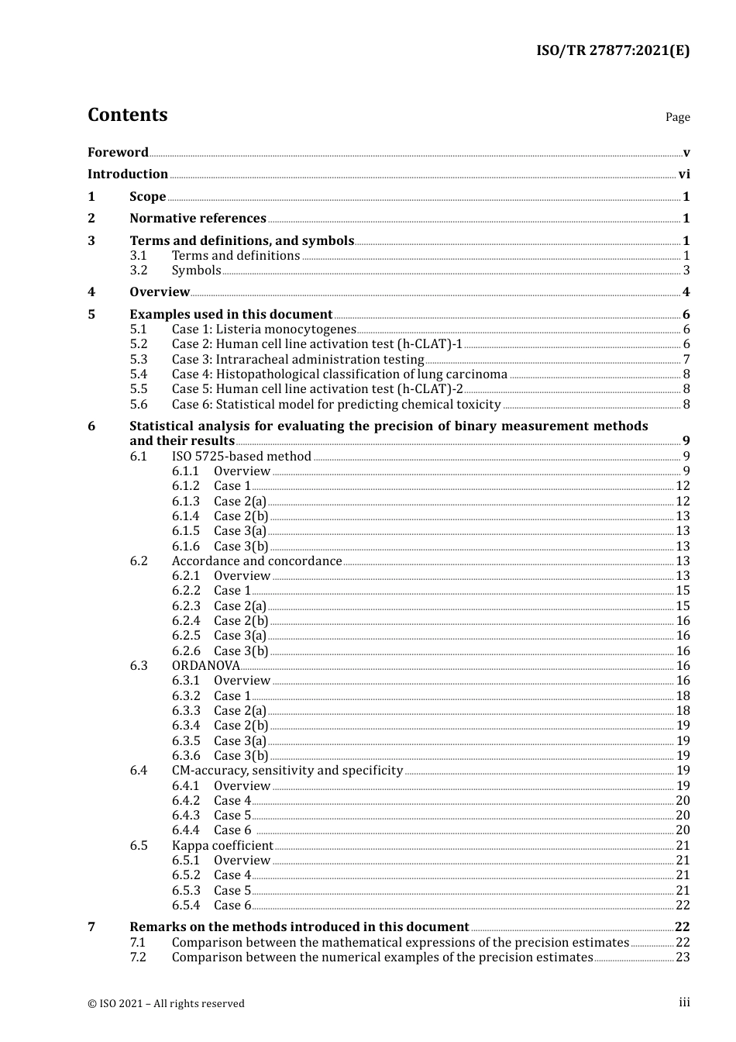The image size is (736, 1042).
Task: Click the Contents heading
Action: (x=127, y=115)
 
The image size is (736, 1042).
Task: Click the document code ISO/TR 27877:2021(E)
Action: (x=612, y=51)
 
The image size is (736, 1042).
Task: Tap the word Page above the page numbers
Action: (x=677, y=117)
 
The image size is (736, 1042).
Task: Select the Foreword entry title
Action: (x=118, y=152)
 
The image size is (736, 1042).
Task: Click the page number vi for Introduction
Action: (x=683, y=174)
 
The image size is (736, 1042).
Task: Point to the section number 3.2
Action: (x=139, y=271)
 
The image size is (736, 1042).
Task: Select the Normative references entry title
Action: (x=198, y=219)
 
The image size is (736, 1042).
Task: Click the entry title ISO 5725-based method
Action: (x=241, y=457)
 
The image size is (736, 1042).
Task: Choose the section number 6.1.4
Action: (x=186, y=516)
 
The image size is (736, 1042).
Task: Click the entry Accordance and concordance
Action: (x=256, y=561)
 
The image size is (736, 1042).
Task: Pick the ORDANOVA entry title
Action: (x=205, y=666)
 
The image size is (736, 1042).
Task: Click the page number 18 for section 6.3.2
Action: (x=683, y=696)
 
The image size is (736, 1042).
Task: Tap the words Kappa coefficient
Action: (x=222, y=846)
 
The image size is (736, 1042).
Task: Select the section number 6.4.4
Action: (x=186, y=830)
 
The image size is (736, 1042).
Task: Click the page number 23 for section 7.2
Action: (x=683, y=957)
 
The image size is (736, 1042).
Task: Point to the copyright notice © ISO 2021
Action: (x=166, y=1003)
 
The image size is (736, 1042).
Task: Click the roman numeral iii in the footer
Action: (x=684, y=1002)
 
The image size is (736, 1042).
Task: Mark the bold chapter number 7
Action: (x=91, y=927)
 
